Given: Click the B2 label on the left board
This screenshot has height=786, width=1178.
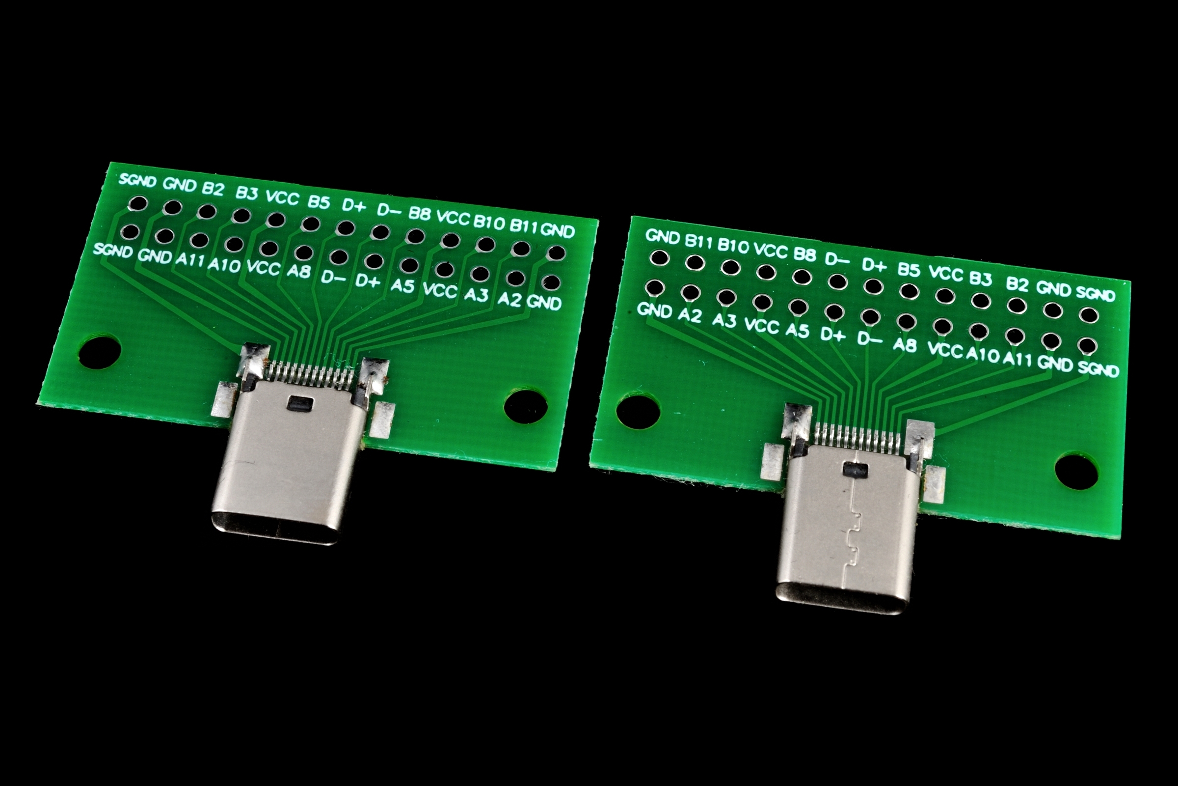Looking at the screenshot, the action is click(x=213, y=189).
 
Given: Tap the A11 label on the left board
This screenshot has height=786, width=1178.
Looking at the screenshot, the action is click(x=190, y=260).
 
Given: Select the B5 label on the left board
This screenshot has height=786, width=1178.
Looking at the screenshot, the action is click(x=319, y=202).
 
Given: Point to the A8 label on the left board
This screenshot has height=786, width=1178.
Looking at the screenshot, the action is click(x=299, y=271).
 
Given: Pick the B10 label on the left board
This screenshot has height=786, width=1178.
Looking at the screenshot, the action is click(x=489, y=222).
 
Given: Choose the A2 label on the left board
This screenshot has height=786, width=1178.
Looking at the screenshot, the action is click(x=510, y=300).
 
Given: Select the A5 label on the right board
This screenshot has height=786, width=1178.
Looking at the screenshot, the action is click(x=797, y=330).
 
